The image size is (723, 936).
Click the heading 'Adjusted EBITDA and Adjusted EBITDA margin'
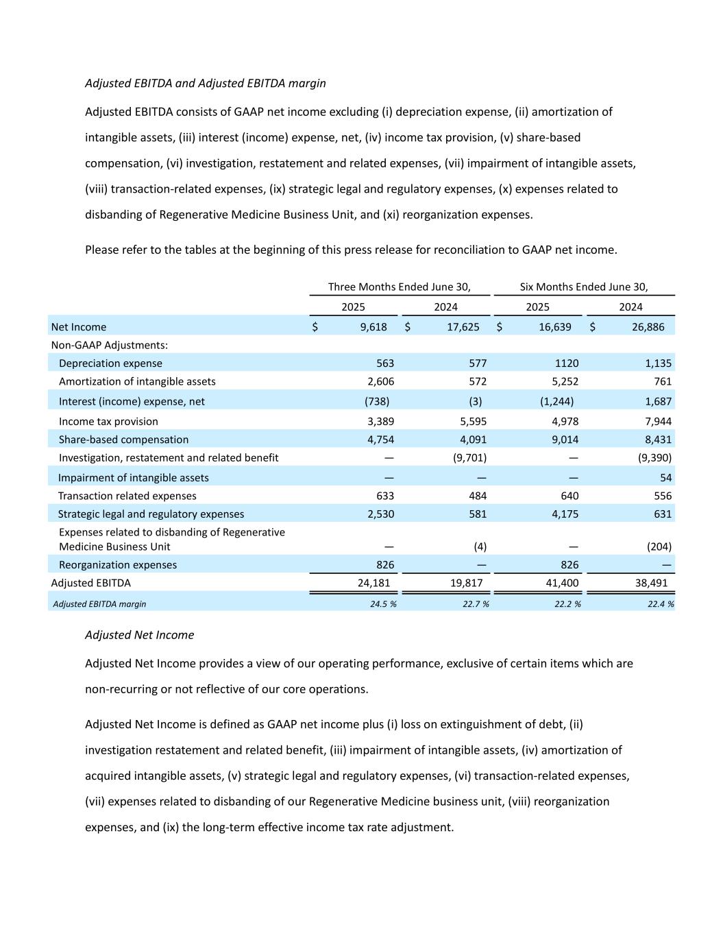click(x=205, y=83)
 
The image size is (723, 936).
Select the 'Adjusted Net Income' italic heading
click(x=139, y=635)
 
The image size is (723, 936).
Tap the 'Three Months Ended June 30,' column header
click(x=399, y=287)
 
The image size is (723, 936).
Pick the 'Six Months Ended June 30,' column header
click(x=584, y=287)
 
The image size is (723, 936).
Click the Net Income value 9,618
click(x=373, y=327)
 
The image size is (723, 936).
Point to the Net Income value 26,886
click(x=648, y=327)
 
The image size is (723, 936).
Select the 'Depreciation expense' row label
click(x=110, y=363)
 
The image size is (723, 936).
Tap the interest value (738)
click(x=376, y=401)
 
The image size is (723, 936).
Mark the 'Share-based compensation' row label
click(x=123, y=440)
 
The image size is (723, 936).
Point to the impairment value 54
click(x=665, y=477)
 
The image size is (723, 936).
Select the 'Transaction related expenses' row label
click(x=127, y=496)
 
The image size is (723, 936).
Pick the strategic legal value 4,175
click(x=565, y=514)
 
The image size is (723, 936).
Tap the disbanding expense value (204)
click(x=659, y=547)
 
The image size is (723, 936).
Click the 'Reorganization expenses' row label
click(x=117, y=565)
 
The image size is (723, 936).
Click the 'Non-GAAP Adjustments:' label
click(x=109, y=345)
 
